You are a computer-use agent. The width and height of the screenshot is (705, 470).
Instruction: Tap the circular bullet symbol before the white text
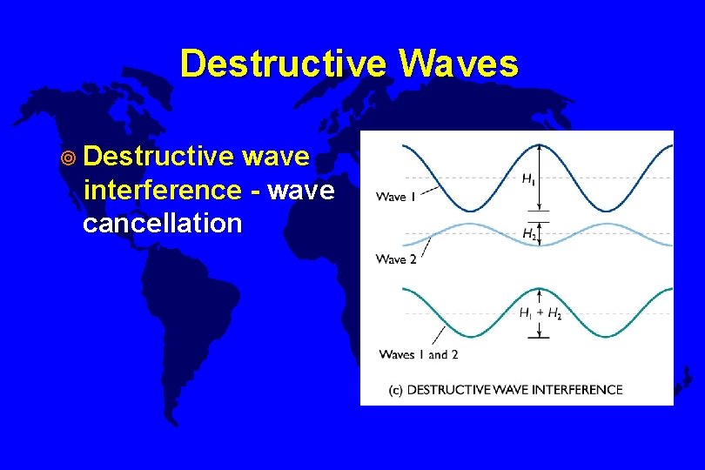tap(68, 158)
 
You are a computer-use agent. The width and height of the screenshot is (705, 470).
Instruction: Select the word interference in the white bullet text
tap(162, 190)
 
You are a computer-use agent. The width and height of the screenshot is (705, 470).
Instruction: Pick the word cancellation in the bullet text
tap(162, 223)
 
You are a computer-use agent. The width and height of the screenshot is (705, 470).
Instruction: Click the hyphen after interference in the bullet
tap(254, 190)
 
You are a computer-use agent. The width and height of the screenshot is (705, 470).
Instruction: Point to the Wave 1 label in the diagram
tap(395, 197)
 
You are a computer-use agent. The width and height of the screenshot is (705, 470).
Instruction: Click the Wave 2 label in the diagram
tap(395, 258)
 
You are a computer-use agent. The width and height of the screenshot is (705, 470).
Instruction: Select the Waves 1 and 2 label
tap(419, 354)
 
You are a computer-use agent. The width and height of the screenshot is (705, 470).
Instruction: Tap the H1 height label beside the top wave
tap(529, 178)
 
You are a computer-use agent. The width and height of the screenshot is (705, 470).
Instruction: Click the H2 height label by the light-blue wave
tap(529, 233)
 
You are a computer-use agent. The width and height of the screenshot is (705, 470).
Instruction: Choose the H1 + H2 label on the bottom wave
tap(540, 314)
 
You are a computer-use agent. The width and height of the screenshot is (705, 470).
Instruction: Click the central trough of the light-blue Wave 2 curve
tap(540, 245)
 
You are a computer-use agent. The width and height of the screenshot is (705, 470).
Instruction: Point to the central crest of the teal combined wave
tap(540, 290)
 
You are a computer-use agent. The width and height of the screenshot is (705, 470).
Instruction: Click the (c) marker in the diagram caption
tap(394, 389)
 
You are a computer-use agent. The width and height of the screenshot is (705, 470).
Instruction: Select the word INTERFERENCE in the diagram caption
tap(580, 389)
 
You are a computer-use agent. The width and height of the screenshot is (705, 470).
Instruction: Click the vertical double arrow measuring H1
tap(540, 178)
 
